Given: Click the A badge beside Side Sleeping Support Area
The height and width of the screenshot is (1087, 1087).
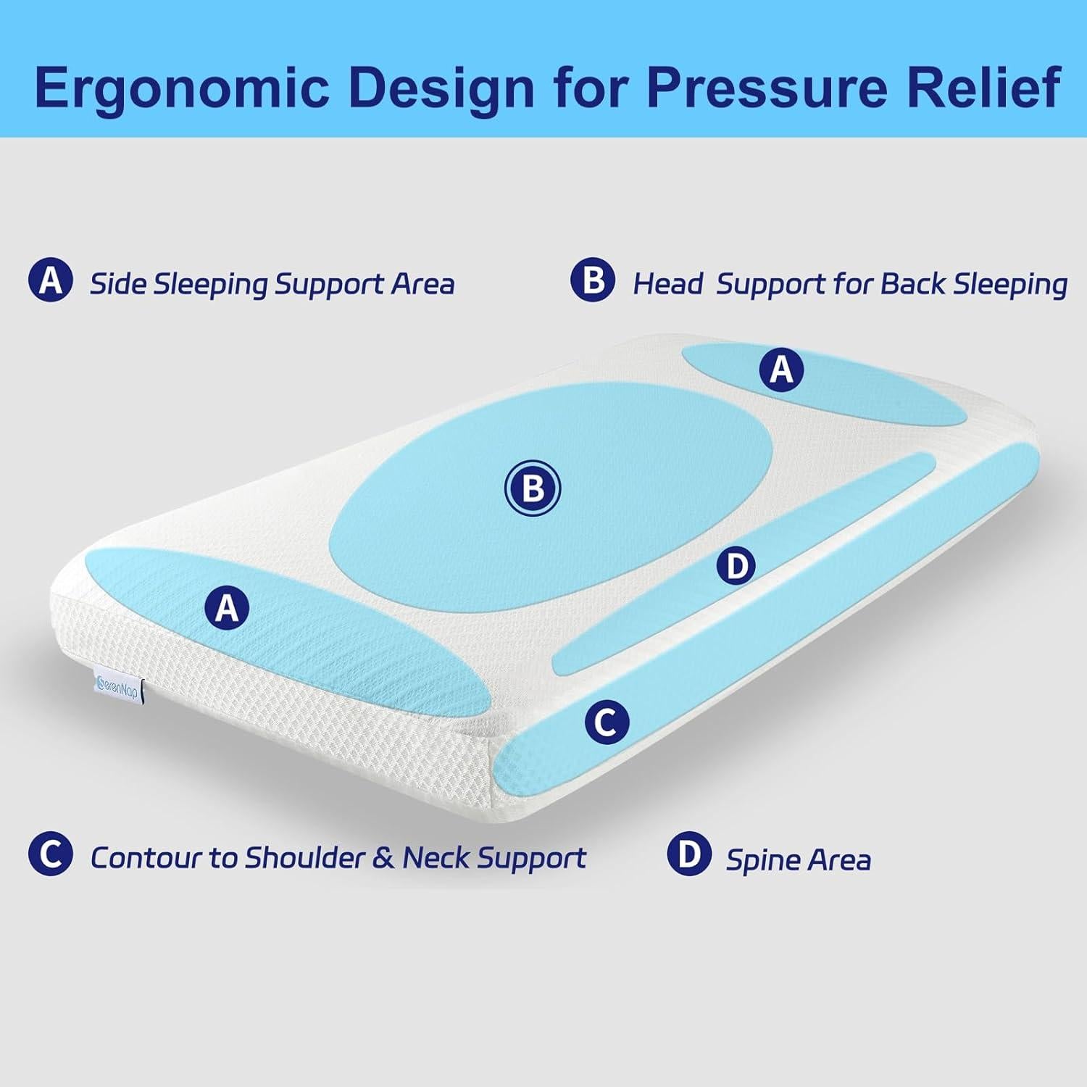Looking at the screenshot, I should (x=50, y=280).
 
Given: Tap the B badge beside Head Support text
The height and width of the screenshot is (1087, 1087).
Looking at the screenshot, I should (x=592, y=280).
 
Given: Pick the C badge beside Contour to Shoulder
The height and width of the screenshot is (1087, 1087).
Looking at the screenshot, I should (x=50, y=854).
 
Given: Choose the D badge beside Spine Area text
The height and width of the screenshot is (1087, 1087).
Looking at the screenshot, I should (x=688, y=854).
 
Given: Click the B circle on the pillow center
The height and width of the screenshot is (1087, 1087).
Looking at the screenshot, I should (x=533, y=489).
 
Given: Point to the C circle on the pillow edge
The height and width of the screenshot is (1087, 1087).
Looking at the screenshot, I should (x=606, y=722).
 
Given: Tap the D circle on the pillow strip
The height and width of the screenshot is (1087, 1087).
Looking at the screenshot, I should (x=736, y=565).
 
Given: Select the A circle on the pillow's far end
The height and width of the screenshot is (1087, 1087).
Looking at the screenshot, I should (x=781, y=370).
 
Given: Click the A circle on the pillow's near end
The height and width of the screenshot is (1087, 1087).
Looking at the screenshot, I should (x=227, y=607).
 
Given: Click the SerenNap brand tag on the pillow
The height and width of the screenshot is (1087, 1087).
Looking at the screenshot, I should (x=118, y=684).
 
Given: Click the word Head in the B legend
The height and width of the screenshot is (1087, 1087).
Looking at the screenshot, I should (x=667, y=284).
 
